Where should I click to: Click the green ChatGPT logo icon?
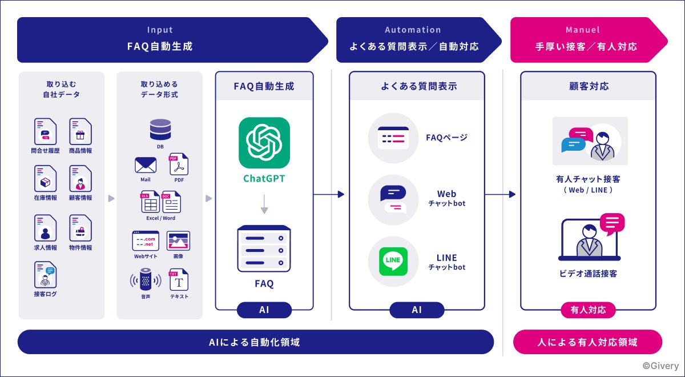pos(264,143)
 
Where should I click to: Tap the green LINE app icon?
pos(393,262)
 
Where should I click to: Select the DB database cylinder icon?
pos(160,130)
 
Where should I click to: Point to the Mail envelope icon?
pos(146,166)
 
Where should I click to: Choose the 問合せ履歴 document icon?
pos(46,131)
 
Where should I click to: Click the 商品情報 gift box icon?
pos(80,131)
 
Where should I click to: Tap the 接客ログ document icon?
pos(46,275)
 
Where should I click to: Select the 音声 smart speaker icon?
pos(146,279)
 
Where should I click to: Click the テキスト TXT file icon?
pos(179,280)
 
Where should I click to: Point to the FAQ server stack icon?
pos(264,249)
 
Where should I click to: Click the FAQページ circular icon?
pos(393,138)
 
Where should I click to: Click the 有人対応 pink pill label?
pos(588,310)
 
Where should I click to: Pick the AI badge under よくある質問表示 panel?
pos(417,310)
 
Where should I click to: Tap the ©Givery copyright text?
pos(660,366)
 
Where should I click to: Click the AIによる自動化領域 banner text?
pos(255,342)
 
